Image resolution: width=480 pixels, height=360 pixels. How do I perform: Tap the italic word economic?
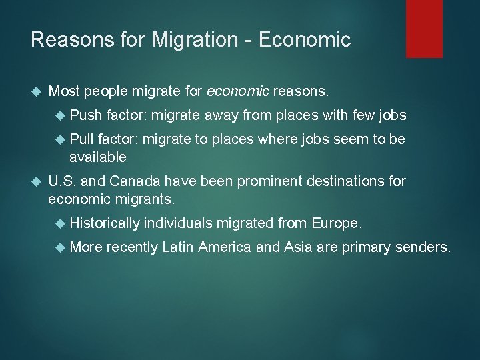[239, 89]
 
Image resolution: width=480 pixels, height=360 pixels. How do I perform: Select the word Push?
[85, 115]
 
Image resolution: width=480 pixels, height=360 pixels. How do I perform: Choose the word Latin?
[175, 248]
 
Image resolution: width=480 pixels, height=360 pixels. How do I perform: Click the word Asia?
[297, 248]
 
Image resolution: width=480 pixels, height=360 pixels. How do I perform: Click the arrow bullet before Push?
[62, 115]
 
